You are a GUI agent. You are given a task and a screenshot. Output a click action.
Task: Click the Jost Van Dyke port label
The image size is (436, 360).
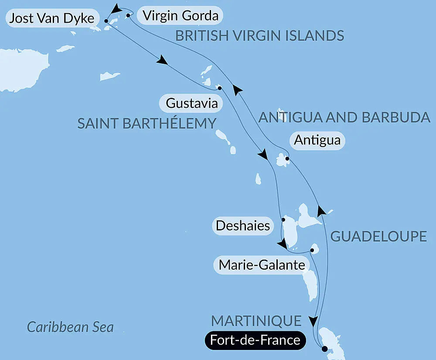click(x=51, y=19)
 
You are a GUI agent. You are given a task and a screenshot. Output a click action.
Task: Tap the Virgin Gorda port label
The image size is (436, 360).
click(x=180, y=16)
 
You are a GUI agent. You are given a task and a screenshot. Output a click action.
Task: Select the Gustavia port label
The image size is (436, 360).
click(x=192, y=104)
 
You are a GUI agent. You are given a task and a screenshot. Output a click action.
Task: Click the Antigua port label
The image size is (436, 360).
click(x=317, y=141)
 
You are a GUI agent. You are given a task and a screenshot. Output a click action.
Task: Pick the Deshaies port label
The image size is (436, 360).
click(x=242, y=226)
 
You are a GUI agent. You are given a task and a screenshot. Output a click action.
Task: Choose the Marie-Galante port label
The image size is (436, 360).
click(x=261, y=264)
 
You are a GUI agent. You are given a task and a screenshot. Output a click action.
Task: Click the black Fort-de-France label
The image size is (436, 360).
click(x=255, y=340)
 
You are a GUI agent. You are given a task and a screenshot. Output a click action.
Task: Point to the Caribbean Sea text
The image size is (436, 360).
click(x=70, y=327)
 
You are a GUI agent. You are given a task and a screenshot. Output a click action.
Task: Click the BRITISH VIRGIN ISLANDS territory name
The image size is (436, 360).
click(x=260, y=36)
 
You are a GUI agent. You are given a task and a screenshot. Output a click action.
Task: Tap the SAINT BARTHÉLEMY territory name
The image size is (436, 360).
click(x=146, y=123)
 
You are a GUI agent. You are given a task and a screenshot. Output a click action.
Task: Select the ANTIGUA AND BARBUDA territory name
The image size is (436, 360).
click(x=344, y=117)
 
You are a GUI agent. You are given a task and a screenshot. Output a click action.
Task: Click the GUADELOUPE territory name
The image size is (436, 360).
click(x=378, y=237)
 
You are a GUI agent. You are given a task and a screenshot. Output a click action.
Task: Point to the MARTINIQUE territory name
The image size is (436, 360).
click(x=256, y=321)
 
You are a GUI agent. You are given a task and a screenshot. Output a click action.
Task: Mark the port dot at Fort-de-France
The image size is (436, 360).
click(x=324, y=348)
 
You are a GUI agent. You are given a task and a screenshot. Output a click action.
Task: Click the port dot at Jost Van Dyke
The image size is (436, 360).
click(x=106, y=20)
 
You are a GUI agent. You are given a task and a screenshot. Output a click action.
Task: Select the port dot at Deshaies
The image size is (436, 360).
click(x=283, y=219)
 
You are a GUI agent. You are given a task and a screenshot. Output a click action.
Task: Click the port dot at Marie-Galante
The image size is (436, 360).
click(x=312, y=250)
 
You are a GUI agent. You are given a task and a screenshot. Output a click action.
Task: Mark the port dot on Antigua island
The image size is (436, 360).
click(x=286, y=159)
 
